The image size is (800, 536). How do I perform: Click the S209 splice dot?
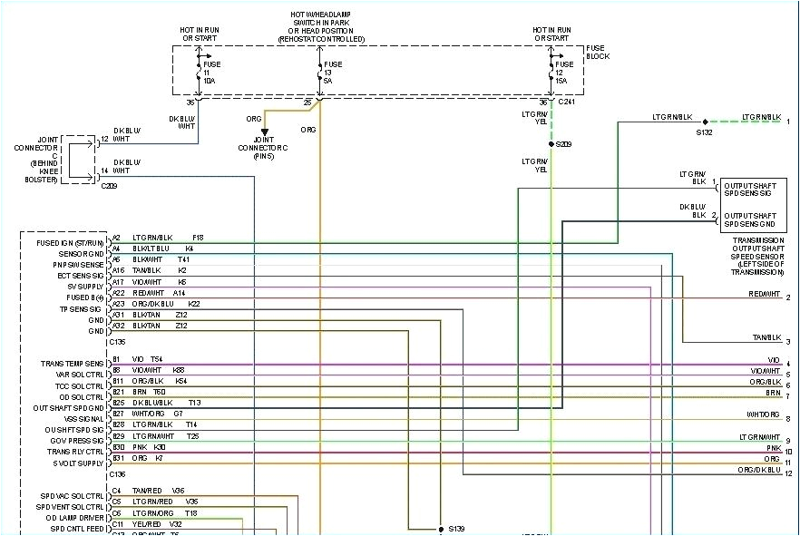551,143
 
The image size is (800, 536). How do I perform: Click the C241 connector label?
566,102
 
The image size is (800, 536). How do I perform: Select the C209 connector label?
110,185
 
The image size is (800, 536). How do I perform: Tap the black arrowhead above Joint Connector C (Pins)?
265,132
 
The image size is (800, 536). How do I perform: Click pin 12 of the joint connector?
104,139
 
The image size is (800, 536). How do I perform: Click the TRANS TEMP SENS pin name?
72,363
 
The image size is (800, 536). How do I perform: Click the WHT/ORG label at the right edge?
763,414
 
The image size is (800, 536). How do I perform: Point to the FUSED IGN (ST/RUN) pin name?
70,243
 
